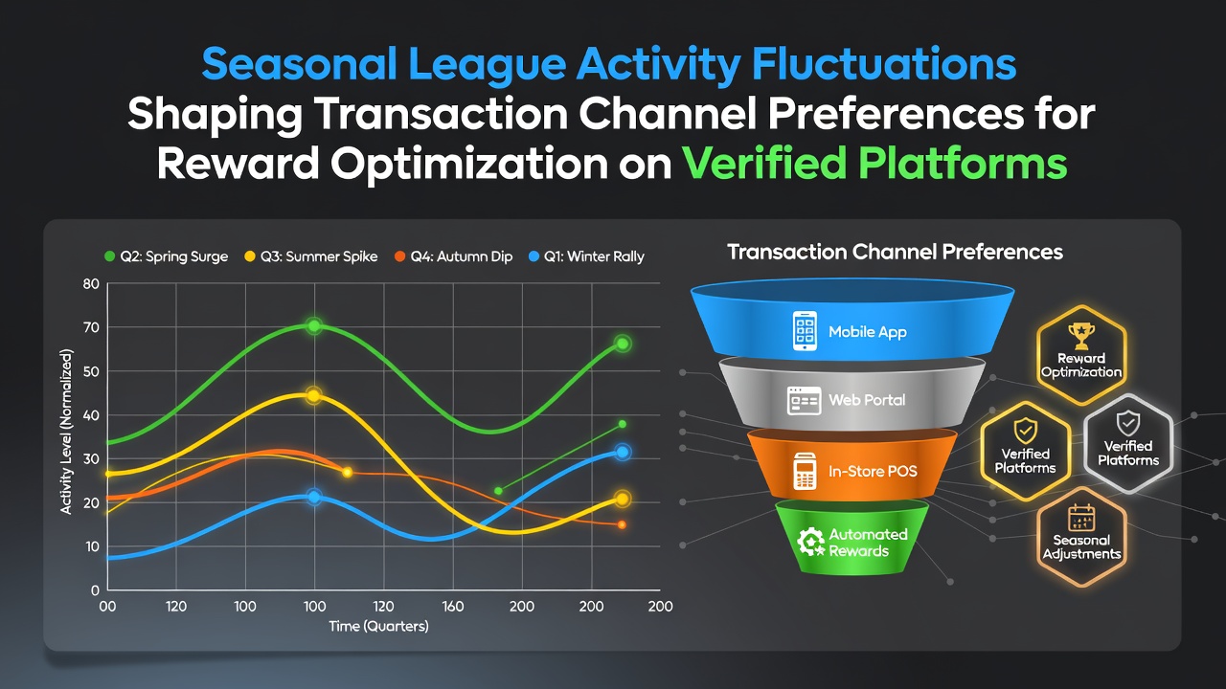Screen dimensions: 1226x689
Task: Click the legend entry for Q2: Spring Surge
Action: pos(166,256)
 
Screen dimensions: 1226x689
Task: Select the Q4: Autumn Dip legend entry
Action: pos(454,256)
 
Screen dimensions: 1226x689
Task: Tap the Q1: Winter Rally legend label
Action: pos(587,256)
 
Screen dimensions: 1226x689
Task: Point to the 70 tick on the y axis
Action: pos(91,327)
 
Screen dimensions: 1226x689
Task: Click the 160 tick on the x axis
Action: pos(453,607)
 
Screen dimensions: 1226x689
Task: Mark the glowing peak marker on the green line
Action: pos(314,326)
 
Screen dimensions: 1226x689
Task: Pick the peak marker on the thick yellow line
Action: pos(313,395)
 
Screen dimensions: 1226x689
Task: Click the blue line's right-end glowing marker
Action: pos(623,453)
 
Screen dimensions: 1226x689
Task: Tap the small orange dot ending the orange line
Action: pos(622,525)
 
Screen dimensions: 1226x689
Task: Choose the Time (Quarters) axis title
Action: pos(378,626)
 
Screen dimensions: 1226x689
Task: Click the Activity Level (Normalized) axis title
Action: pos(66,432)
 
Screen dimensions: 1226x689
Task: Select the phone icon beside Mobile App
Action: pos(805,331)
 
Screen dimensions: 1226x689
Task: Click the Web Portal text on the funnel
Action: pos(867,400)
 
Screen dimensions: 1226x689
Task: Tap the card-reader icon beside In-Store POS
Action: pos(805,471)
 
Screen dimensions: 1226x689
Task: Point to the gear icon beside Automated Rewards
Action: pos(810,542)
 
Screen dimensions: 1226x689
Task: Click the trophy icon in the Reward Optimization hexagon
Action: pos(1081,336)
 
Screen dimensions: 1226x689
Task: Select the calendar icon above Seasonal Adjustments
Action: pos(1081,518)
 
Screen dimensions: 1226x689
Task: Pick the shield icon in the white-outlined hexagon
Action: pos(1128,424)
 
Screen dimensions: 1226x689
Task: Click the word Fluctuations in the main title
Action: pos(884,64)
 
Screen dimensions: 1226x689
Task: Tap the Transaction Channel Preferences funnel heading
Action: pos(895,252)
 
